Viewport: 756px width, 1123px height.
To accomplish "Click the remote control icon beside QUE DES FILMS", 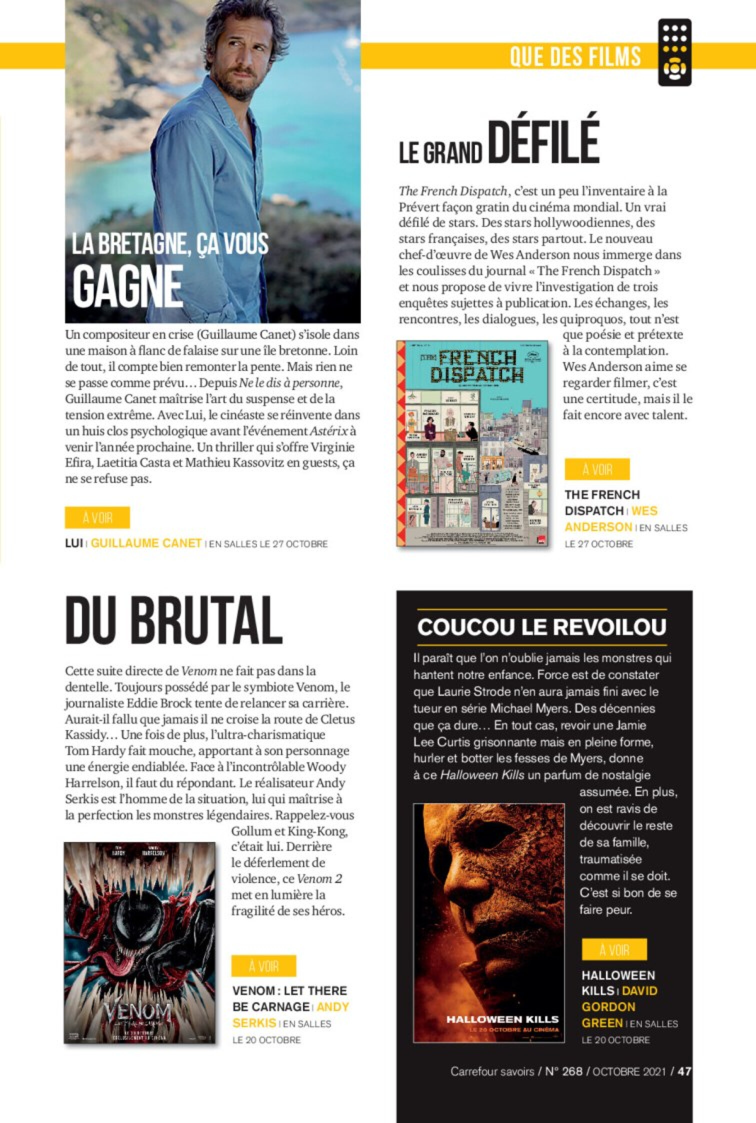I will pos(674,52).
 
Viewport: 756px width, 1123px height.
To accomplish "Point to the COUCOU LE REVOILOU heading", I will pos(541,627).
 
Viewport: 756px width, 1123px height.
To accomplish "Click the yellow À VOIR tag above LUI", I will pos(97,517).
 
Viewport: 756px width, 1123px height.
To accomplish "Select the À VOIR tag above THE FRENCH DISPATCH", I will pos(597,469).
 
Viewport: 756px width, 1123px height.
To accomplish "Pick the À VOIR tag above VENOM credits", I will pos(263,966).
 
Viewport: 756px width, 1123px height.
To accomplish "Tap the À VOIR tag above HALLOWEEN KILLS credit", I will pos(614,949).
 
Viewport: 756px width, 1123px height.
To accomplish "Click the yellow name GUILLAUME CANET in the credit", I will pos(146,543).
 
